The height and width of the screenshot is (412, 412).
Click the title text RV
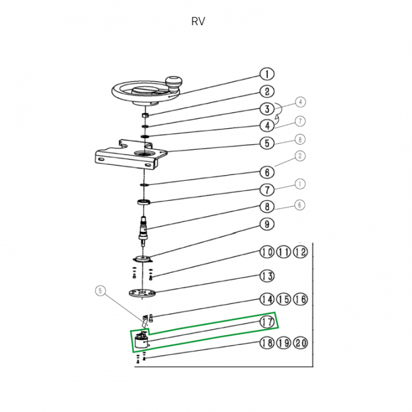click(198, 22)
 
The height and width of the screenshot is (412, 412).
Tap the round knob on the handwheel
click(173, 82)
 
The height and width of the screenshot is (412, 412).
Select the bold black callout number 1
click(267, 74)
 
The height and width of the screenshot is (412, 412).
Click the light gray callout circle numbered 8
click(300, 139)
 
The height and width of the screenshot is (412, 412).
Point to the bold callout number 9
click(267, 224)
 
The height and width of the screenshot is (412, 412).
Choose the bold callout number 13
click(267, 276)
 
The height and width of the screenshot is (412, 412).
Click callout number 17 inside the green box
click(267, 322)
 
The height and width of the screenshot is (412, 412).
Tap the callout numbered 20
click(301, 343)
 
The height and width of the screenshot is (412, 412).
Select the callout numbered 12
click(301, 252)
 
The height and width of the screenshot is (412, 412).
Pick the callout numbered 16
click(301, 299)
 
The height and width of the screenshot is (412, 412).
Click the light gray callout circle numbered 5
click(101, 291)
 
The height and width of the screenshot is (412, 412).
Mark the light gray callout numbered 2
click(300, 156)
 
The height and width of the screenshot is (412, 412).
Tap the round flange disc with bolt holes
click(142, 292)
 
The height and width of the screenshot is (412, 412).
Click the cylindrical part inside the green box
click(141, 342)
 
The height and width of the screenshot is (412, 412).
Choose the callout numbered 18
click(267, 343)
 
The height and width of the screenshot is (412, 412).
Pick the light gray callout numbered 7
click(300, 121)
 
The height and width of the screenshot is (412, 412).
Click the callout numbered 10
click(267, 252)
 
